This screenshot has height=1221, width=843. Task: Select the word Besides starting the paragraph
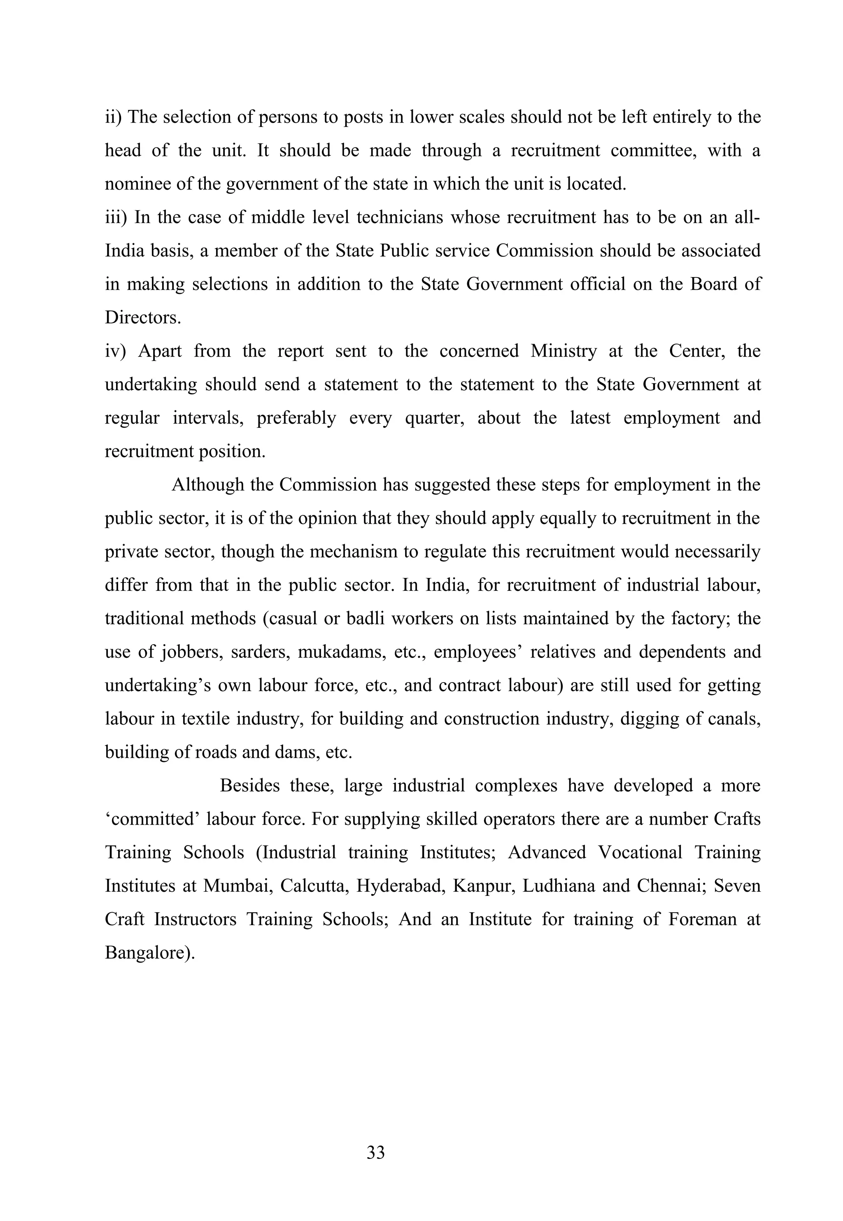click(249, 786)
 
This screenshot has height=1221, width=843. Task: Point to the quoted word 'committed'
click(152, 819)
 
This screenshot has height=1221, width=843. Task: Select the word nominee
click(136, 184)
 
